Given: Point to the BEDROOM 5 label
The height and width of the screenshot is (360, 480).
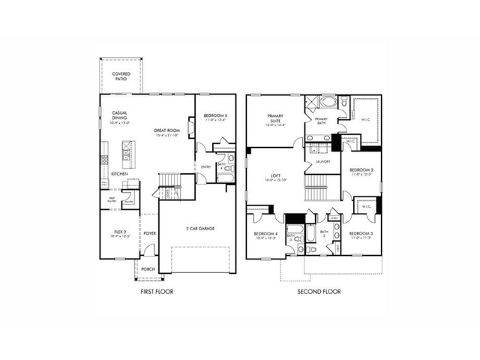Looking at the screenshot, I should coord(215,115).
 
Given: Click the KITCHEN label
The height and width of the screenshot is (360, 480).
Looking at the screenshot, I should coord(119,173).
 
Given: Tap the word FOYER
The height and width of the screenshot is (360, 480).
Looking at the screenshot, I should coord(150,232).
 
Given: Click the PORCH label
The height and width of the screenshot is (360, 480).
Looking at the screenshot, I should coord(148,269).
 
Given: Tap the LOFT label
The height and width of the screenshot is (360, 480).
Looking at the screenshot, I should coord(275,177).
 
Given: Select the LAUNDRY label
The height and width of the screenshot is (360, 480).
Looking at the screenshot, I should coord(323,160).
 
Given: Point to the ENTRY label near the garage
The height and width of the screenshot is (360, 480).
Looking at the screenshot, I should coord(205,166).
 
